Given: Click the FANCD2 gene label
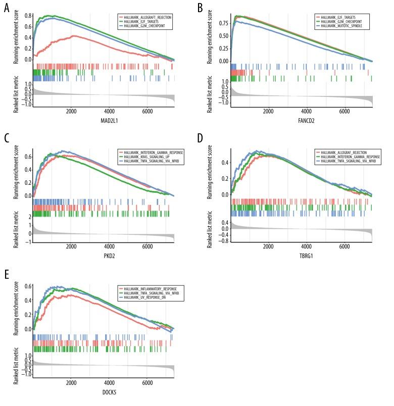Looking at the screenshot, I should pyautogui.click(x=302, y=122).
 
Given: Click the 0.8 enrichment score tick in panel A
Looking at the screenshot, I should pyautogui.click(x=27, y=16).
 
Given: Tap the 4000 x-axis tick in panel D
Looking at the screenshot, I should pyautogui.click(x=306, y=246).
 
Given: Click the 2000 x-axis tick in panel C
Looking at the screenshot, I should pyautogui.click(x=71, y=246).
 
